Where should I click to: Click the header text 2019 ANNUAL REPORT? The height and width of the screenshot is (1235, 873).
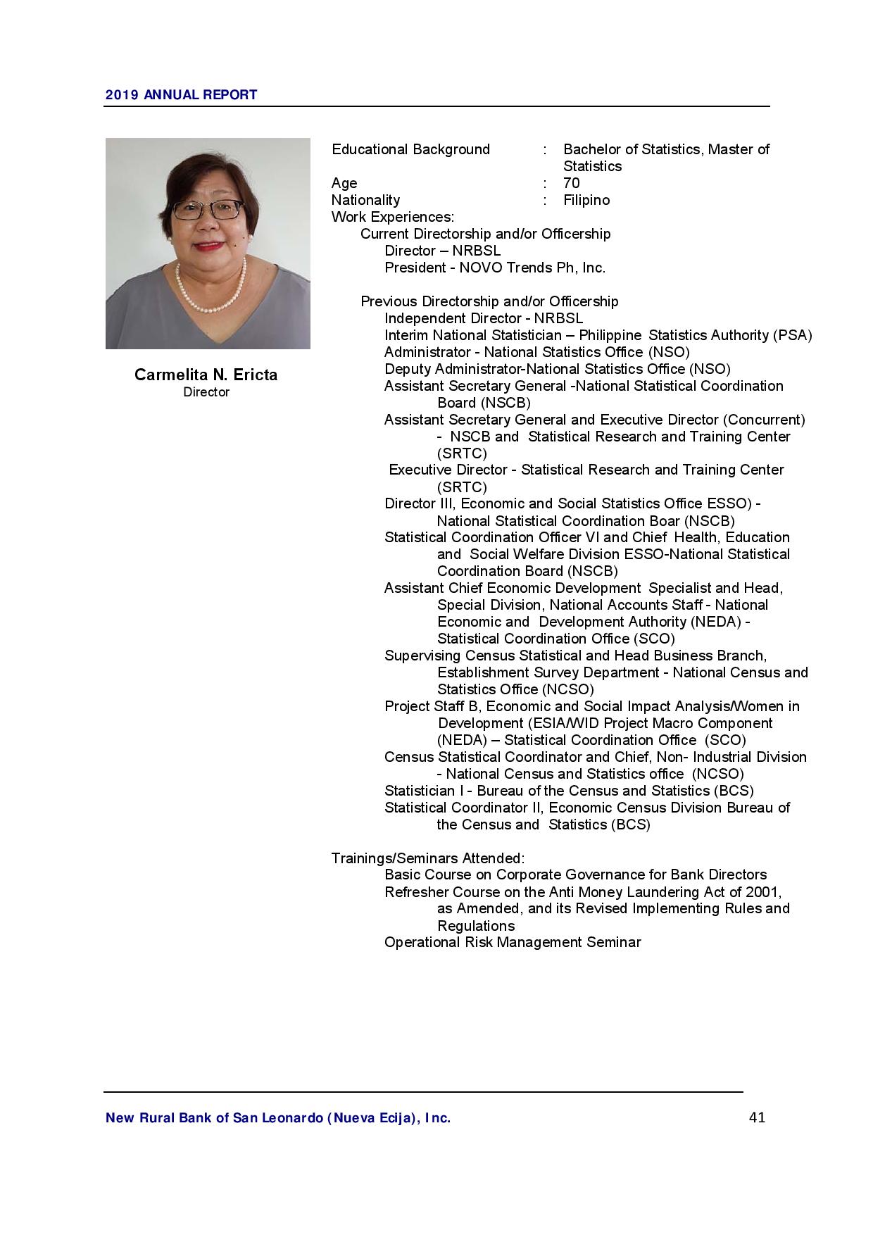(x=181, y=95)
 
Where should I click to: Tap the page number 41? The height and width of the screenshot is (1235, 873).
(x=757, y=1117)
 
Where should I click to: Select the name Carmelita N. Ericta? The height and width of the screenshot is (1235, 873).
(x=206, y=375)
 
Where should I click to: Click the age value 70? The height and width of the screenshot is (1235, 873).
(x=571, y=183)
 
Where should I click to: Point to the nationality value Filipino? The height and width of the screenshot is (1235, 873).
(x=586, y=200)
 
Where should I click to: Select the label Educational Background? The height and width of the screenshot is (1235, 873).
(x=410, y=149)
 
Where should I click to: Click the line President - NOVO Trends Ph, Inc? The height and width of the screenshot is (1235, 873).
(x=494, y=268)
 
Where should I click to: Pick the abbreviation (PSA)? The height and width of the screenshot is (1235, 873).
(x=792, y=335)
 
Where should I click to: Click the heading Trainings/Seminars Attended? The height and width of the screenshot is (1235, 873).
(x=427, y=858)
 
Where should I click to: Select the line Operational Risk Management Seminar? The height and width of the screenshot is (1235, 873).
(x=513, y=942)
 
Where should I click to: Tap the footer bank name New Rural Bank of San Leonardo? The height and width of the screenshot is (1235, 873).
(x=277, y=1118)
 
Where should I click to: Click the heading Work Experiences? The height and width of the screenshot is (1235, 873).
(x=392, y=217)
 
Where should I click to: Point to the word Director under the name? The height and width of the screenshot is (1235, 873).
(x=206, y=392)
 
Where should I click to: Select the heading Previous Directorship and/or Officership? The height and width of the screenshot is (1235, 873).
(x=489, y=301)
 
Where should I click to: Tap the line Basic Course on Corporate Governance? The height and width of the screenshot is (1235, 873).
(x=575, y=874)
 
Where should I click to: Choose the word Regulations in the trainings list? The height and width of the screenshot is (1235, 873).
(x=476, y=926)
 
